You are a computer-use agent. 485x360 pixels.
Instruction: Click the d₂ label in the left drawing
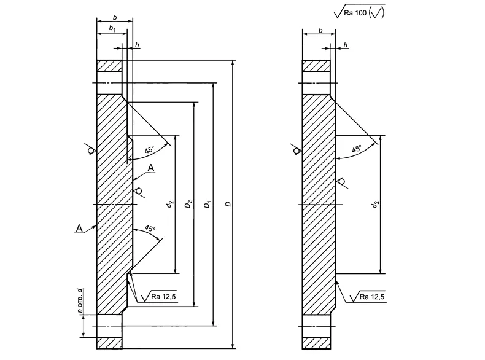tap(169, 203)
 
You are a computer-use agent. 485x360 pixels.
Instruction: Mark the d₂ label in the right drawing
tap(376, 203)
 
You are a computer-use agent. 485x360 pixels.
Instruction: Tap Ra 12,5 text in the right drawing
tap(372, 297)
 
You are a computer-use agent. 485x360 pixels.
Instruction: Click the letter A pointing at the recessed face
tap(151, 168)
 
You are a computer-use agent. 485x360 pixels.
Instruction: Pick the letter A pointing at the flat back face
tap(79, 229)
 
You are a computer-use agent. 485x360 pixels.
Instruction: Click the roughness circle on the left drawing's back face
tap(91, 150)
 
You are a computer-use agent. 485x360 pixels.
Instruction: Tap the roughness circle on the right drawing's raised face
tap(341, 181)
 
